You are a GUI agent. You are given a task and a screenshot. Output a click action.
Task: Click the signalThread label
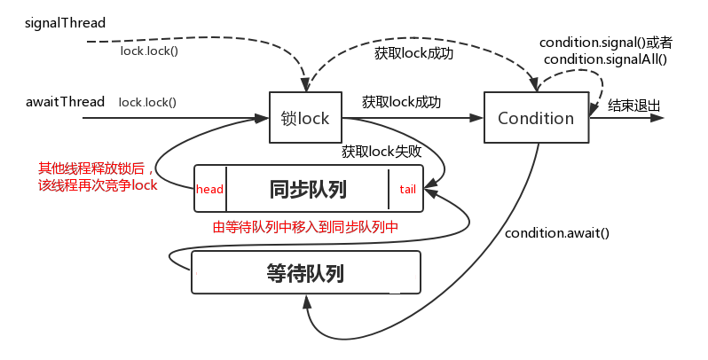(66, 21)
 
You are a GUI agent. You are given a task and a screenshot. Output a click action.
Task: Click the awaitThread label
(66, 101)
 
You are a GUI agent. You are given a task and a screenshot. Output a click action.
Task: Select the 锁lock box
(304, 118)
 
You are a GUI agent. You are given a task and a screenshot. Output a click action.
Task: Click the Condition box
(536, 118)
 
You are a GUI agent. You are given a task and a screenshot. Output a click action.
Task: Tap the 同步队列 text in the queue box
(307, 189)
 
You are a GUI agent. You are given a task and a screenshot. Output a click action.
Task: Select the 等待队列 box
(304, 273)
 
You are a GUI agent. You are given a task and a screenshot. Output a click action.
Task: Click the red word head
(209, 189)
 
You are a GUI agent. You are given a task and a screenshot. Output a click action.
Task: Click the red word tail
(407, 189)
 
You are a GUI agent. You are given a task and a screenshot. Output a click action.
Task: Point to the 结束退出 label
(633, 106)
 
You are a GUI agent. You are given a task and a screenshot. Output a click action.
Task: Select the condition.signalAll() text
(605, 59)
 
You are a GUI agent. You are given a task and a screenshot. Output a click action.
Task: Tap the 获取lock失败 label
(382, 152)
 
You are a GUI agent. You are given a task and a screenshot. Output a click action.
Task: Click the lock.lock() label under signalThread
(149, 51)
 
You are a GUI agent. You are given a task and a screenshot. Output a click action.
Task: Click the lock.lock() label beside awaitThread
(147, 102)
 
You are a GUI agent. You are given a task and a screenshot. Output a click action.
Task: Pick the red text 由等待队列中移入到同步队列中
(306, 227)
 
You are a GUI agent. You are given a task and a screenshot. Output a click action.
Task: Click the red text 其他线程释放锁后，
(96, 168)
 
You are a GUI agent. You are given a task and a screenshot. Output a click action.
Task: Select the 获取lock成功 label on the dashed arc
(413, 53)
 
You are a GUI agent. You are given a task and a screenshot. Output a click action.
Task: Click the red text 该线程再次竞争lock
(97, 184)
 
